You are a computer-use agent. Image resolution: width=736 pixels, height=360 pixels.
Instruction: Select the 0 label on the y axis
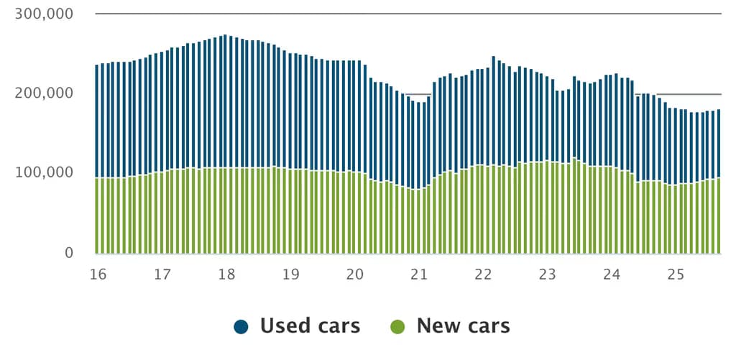pyautogui.click(x=69, y=252)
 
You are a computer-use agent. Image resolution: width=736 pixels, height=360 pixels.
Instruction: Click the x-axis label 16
pyautogui.click(x=98, y=274)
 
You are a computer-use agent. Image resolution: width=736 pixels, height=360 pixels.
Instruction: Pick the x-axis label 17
pyautogui.click(x=162, y=274)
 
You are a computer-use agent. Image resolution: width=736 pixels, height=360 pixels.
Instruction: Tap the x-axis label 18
pyautogui.click(x=226, y=274)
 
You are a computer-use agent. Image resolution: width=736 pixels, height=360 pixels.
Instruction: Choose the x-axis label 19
pyautogui.click(x=290, y=274)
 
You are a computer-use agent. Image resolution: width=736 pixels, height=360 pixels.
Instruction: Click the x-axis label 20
pyautogui.click(x=354, y=274)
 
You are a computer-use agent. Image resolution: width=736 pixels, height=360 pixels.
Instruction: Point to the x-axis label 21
pyautogui.click(x=419, y=274)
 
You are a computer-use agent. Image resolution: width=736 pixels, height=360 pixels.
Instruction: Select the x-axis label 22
pyautogui.click(x=483, y=274)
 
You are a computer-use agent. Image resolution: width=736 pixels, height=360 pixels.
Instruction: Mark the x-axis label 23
pyautogui.click(x=548, y=274)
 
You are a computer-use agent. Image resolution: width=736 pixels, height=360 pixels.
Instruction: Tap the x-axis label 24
pyautogui.click(x=612, y=274)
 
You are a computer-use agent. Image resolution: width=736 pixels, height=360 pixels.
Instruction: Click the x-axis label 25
pyautogui.click(x=676, y=274)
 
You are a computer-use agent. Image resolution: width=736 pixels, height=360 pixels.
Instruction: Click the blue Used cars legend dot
pyautogui.click(x=241, y=326)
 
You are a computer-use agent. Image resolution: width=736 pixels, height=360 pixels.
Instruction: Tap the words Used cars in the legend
pyautogui.click(x=310, y=326)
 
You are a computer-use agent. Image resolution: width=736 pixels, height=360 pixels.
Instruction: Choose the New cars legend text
pyautogui.click(x=463, y=326)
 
